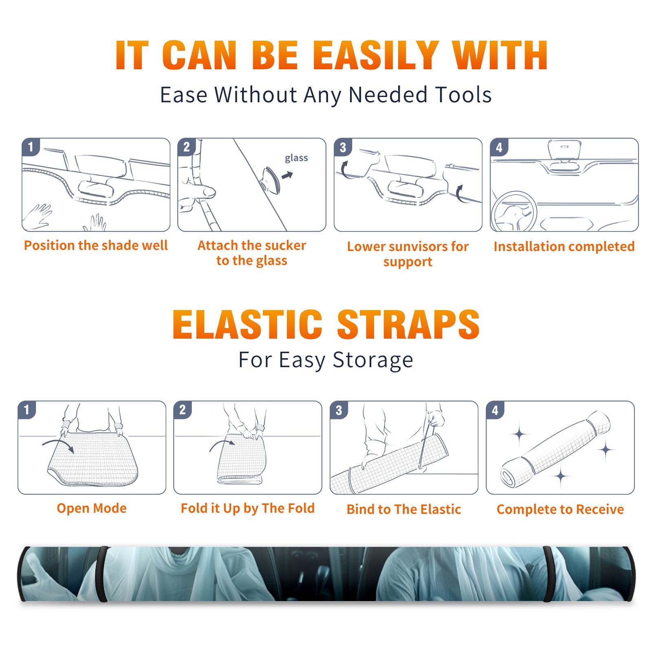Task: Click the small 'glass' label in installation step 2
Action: point(296,158)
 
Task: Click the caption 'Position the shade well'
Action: point(96,245)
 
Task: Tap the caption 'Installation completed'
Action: point(564,247)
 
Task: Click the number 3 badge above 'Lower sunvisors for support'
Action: point(343,148)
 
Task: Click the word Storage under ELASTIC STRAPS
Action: point(373,360)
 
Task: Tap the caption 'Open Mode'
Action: point(92,508)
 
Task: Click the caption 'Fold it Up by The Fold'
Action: point(248,508)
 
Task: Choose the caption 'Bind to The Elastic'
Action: point(404,509)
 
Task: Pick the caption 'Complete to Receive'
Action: point(560,509)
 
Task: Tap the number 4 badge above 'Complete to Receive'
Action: point(495,410)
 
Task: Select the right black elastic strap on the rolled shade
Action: point(548,574)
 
